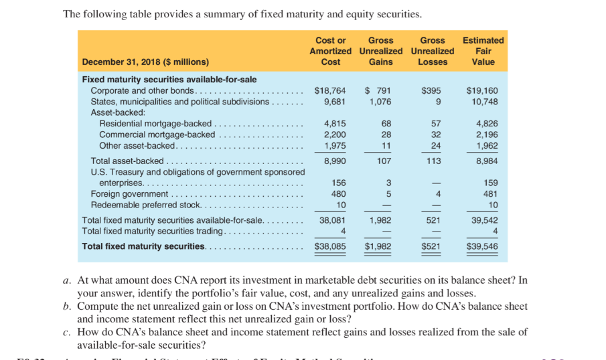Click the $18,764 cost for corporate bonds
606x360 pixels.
(330, 90)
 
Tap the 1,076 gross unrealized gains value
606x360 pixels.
(380, 102)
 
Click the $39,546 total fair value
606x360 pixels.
(482, 246)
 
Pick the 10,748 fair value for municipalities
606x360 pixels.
(482, 102)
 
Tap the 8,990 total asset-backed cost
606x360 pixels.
(334, 161)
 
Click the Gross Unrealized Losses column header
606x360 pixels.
(432, 51)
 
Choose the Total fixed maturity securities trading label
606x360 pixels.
(153, 231)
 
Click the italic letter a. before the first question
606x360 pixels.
(67, 280)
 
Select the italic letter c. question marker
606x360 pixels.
(67, 332)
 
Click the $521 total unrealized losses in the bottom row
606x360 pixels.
(432, 246)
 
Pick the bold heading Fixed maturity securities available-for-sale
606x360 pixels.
(169, 80)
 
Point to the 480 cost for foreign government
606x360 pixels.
(338, 193)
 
